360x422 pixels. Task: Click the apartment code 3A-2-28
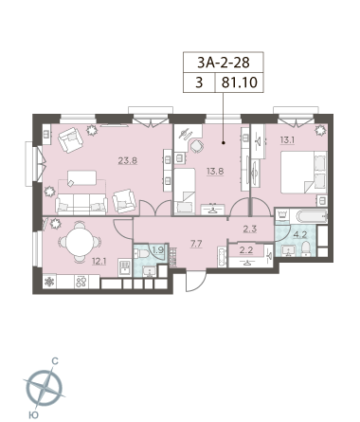tap(224, 63)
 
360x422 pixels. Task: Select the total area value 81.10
tap(240, 83)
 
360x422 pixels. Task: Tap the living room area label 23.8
tap(128, 160)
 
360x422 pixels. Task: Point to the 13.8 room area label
tap(215, 172)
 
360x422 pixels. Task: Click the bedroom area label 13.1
tap(287, 140)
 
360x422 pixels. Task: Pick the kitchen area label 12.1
tap(99, 261)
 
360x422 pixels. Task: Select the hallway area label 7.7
tap(196, 244)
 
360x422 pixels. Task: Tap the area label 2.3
tap(250, 229)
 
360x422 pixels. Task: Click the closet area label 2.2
tap(246, 250)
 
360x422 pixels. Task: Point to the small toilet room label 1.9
tap(157, 250)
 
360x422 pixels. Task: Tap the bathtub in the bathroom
tap(312, 216)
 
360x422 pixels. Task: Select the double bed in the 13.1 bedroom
tap(304, 173)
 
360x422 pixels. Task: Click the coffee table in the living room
tap(81, 177)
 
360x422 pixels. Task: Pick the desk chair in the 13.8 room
tap(197, 146)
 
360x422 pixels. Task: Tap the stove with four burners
tap(81, 282)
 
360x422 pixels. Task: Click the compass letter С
tap(55, 361)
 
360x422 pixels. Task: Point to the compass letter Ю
tap(33, 414)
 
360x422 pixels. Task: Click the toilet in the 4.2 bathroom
tap(306, 248)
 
